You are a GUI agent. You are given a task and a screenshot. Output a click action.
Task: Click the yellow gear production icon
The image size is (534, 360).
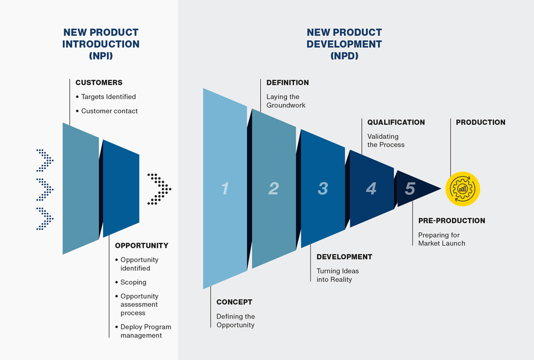[x=463, y=188]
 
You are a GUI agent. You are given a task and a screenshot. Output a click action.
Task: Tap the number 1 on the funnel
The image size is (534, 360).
[x=225, y=188]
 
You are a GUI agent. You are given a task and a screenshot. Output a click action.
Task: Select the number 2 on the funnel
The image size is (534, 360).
[x=273, y=188]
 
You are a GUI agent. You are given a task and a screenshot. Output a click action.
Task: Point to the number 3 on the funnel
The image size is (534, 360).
[x=323, y=188]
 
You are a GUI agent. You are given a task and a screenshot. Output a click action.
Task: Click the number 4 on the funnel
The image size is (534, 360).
[x=371, y=188]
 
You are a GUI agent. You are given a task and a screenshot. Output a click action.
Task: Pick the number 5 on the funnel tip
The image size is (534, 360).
[x=410, y=188]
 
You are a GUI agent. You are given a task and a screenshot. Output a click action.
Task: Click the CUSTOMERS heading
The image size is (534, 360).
[x=99, y=82]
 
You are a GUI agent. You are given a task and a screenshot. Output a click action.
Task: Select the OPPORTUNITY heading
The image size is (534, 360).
[x=142, y=245]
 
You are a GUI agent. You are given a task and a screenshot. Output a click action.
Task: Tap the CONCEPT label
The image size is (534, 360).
[x=234, y=302]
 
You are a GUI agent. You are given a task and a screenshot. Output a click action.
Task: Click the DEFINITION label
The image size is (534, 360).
[x=287, y=82]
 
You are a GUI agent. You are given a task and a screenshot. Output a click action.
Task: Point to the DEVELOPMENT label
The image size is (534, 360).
[x=344, y=257]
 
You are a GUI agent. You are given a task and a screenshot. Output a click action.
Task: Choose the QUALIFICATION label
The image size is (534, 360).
[x=396, y=122]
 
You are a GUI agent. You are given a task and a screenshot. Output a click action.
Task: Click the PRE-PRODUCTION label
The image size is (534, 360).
[x=452, y=221]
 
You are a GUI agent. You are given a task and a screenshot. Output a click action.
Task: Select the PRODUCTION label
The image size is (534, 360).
[x=480, y=122]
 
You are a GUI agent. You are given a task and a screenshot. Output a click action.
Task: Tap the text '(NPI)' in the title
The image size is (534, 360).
[x=101, y=56]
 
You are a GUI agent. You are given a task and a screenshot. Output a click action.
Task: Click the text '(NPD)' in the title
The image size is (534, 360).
[x=344, y=56]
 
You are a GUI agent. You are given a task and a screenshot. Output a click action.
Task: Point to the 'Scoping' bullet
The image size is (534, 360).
[x=133, y=282]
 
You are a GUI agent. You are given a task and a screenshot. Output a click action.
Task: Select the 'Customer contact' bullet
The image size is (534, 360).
[x=110, y=111]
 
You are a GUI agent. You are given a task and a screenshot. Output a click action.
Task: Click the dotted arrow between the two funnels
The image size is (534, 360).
[x=160, y=188]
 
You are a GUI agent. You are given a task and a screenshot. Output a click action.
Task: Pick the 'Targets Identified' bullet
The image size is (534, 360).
[x=108, y=97]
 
